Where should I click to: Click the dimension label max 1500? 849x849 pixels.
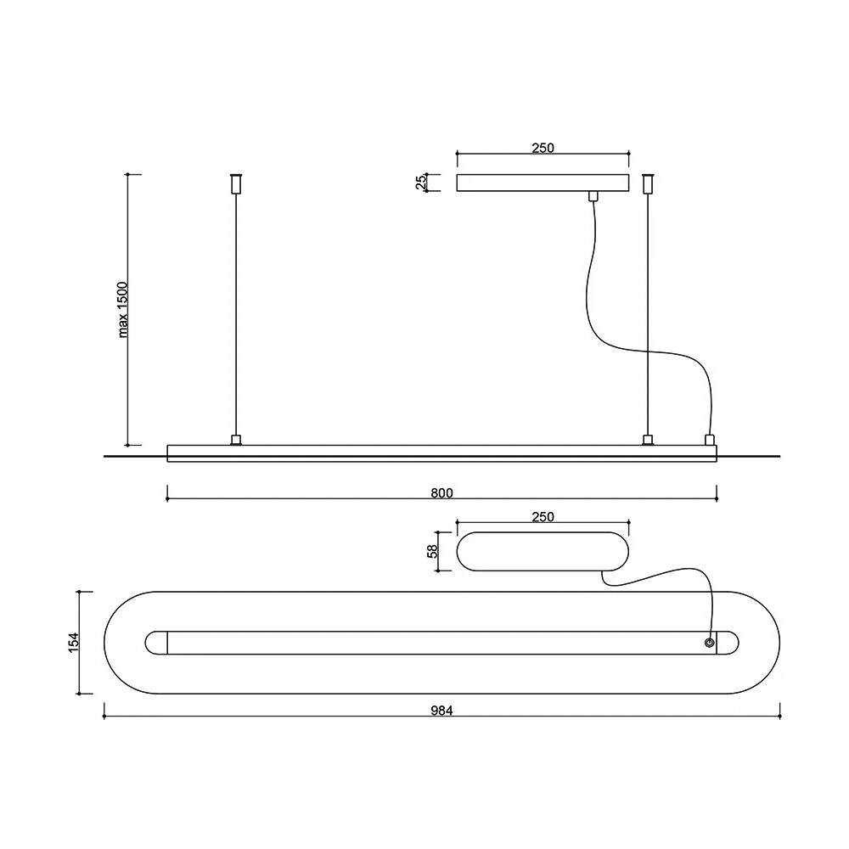pyautogui.click(x=123, y=310)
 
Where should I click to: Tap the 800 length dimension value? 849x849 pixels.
pyautogui.click(x=441, y=492)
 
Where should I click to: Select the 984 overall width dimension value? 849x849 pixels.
pyautogui.click(x=441, y=711)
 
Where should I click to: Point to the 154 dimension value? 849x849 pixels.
pyautogui.click(x=74, y=642)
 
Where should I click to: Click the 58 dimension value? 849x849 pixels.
pyautogui.click(x=433, y=550)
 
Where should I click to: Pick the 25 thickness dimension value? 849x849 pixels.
pyautogui.click(x=420, y=183)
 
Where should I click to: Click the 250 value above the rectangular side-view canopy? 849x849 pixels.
pyautogui.click(x=543, y=148)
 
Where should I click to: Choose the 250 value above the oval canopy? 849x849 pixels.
pyautogui.click(x=543, y=516)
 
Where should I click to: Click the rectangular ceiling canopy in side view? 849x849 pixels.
pyautogui.click(x=543, y=183)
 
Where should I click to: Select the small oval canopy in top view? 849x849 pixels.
pyautogui.click(x=543, y=551)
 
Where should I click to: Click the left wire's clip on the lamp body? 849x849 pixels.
pyautogui.click(x=236, y=440)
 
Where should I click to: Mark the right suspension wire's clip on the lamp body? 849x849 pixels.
pyautogui.click(x=649, y=440)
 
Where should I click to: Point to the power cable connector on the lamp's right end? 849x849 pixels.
pyautogui.click(x=710, y=440)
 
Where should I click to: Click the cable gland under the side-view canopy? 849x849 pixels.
pyautogui.click(x=593, y=197)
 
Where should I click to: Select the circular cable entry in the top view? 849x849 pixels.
pyautogui.click(x=709, y=643)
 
